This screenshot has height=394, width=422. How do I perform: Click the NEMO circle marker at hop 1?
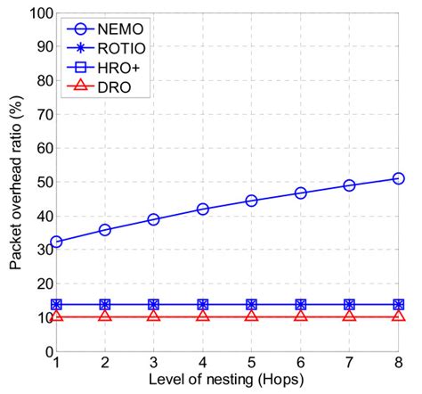(57, 242)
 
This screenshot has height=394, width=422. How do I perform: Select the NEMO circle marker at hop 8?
(398, 178)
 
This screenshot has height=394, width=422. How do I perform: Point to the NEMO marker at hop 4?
(203, 209)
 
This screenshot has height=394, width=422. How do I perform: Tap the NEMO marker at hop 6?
(301, 193)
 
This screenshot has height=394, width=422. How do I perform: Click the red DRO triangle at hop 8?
(398, 316)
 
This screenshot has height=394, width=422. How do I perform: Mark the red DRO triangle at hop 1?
(57, 316)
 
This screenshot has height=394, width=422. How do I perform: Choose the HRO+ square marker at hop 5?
(252, 305)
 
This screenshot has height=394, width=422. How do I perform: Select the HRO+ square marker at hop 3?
(154, 305)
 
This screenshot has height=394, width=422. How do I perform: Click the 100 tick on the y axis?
(39, 14)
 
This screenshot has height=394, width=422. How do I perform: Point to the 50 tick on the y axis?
(42, 183)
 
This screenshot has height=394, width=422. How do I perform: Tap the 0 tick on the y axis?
(46, 351)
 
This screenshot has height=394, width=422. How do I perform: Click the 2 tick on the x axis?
(105, 364)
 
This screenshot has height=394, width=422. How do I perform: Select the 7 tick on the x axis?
(349, 364)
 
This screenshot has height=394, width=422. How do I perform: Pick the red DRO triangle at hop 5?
(252, 316)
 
